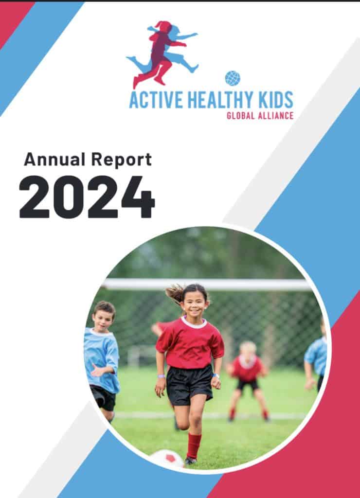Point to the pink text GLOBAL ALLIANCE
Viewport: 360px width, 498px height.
point(260,116)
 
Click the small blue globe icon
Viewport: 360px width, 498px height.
point(233,78)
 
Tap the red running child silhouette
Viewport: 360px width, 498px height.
point(159,54)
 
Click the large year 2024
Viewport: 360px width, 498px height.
point(87,197)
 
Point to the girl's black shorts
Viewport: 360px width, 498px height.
point(189,384)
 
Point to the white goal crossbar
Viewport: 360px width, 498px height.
point(207,284)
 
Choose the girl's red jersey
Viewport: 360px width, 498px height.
point(190,342)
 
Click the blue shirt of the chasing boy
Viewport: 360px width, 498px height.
point(102,359)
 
